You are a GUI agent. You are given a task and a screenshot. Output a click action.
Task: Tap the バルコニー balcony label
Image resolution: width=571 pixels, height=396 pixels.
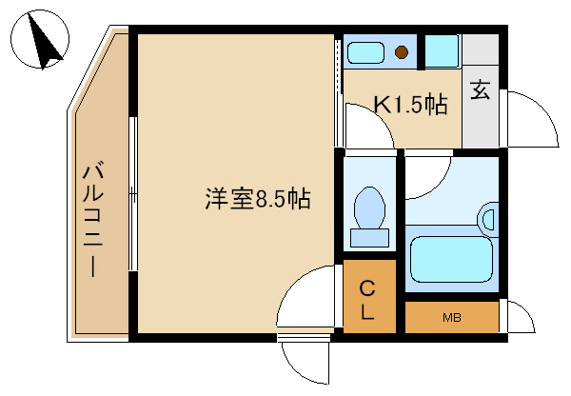[93, 219]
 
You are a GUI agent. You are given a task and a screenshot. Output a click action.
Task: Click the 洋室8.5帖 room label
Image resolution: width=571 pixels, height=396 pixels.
[257, 200]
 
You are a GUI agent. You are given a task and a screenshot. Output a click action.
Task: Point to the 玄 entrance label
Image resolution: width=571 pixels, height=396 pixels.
[481, 91]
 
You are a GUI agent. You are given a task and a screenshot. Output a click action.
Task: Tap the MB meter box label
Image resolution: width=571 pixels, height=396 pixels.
[451, 317]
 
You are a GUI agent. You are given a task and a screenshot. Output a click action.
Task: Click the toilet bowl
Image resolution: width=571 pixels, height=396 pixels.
[368, 206]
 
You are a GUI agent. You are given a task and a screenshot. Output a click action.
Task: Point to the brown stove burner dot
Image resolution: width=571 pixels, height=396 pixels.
[403, 52]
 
